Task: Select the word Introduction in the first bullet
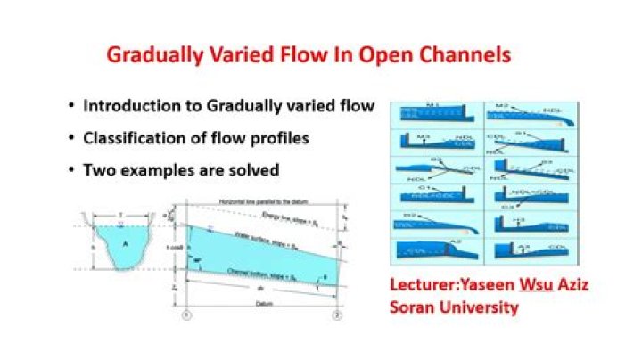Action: click(130, 106)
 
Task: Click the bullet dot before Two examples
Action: click(71, 169)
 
